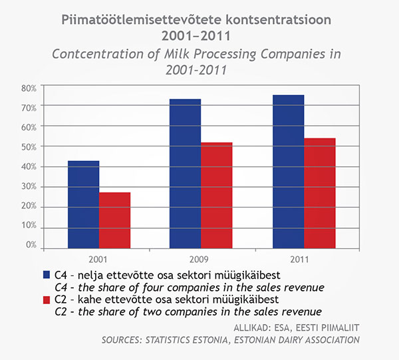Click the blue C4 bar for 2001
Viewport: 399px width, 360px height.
[x=83, y=205]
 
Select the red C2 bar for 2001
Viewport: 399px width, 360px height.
[x=114, y=220]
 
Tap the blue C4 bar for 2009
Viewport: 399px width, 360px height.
[x=185, y=174]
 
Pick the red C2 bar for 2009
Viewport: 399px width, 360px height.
[x=216, y=196]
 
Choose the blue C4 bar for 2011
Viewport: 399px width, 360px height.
[x=288, y=172]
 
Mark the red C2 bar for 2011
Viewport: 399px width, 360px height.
[x=320, y=194]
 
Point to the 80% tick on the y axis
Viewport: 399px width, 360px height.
[x=28, y=87]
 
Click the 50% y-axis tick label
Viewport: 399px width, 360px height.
[x=28, y=146]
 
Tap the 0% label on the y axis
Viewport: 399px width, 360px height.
[x=31, y=246]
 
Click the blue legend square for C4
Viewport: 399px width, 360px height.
[x=47, y=275]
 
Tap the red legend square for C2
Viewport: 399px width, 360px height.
[x=47, y=299]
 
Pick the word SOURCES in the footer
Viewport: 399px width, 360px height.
[x=124, y=340]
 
